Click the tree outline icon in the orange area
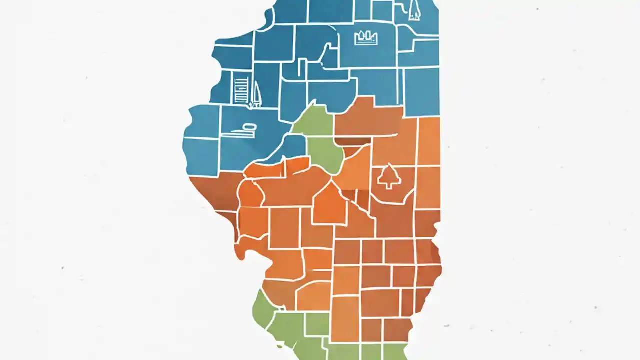tap(388, 176)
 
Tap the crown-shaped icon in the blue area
tap(366, 37)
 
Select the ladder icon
tap(240, 89)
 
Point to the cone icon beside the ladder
tap(256, 94)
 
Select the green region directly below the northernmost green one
tap(325, 154)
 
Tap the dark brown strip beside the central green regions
tap(353, 141)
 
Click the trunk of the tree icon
tap(388, 185)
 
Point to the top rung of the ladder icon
tap(240, 80)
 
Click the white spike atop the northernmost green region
tap(314, 103)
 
